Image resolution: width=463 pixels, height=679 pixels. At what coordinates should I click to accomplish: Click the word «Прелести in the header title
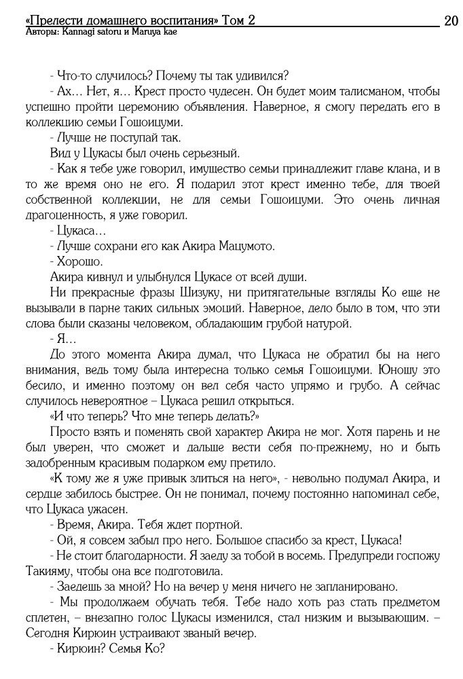(51, 20)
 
